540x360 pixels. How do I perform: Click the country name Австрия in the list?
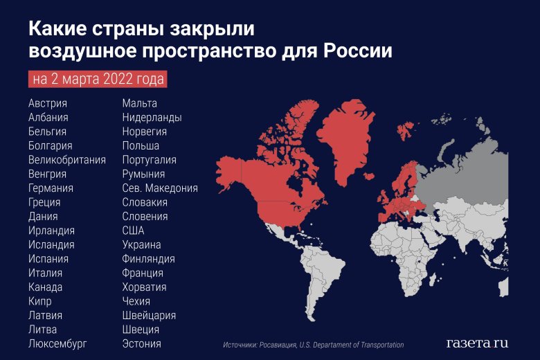[48, 103]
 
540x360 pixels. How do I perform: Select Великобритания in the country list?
[67, 160]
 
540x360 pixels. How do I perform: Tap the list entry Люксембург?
[58, 343]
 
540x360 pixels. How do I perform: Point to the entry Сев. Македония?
[160, 188]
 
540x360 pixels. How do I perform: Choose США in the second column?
[133, 231]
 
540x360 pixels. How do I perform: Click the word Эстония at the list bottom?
[141, 343]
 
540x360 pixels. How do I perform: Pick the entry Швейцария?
[149, 315]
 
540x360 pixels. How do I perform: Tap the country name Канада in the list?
[46, 287]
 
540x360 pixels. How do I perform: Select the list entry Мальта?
[139, 103]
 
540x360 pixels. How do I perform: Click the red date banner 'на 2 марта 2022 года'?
[98, 79]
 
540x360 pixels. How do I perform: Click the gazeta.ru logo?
[477, 343]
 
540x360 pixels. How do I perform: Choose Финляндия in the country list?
[148, 259]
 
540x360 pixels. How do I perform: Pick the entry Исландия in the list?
[51, 244]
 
